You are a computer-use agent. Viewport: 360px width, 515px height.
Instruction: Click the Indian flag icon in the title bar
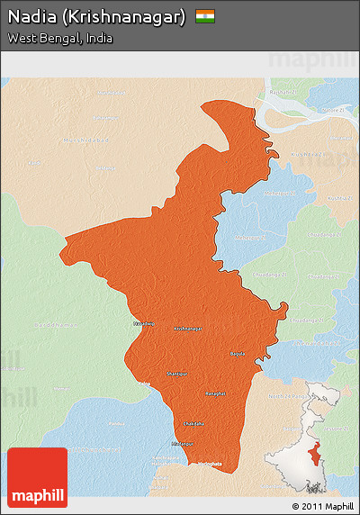point(205,16)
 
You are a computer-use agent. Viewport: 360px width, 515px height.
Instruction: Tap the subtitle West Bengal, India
point(59,39)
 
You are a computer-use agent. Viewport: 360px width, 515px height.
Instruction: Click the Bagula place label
point(238,354)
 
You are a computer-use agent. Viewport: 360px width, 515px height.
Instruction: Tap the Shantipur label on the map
point(177,373)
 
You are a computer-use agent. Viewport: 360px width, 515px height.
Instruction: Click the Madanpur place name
point(182,445)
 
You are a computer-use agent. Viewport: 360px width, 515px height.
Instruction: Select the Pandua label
point(117,424)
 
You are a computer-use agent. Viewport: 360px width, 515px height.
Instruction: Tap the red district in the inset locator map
point(313,456)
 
